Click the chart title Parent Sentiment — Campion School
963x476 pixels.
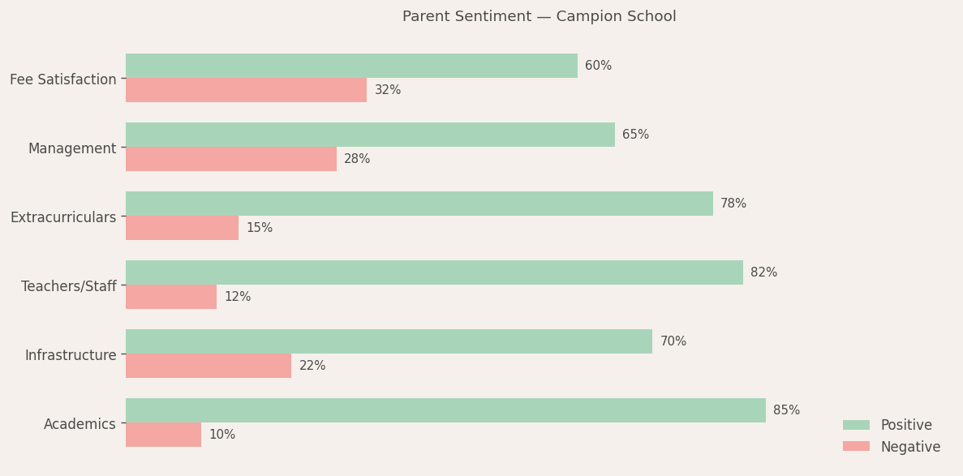[539, 17]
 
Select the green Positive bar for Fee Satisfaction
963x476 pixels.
[351, 66]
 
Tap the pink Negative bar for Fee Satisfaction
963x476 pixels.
[246, 90]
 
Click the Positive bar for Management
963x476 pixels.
[370, 135]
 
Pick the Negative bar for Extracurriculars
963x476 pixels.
[182, 228]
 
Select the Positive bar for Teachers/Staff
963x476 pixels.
[434, 272]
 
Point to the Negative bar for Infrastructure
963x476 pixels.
[209, 366]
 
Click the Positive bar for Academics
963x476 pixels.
[445, 410]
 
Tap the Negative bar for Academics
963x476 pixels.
[163, 435]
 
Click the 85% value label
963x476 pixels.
[786, 410]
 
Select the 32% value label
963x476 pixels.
[388, 90]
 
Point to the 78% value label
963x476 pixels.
[733, 204]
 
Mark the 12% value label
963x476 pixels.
[238, 297]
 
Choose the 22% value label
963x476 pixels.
[312, 366]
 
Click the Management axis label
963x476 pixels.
[72, 148]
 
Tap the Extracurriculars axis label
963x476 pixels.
[63, 217]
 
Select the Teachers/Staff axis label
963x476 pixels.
[69, 286]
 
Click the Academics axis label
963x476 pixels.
[80, 424]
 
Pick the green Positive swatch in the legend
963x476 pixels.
[856, 425]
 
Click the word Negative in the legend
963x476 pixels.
[910, 447]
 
